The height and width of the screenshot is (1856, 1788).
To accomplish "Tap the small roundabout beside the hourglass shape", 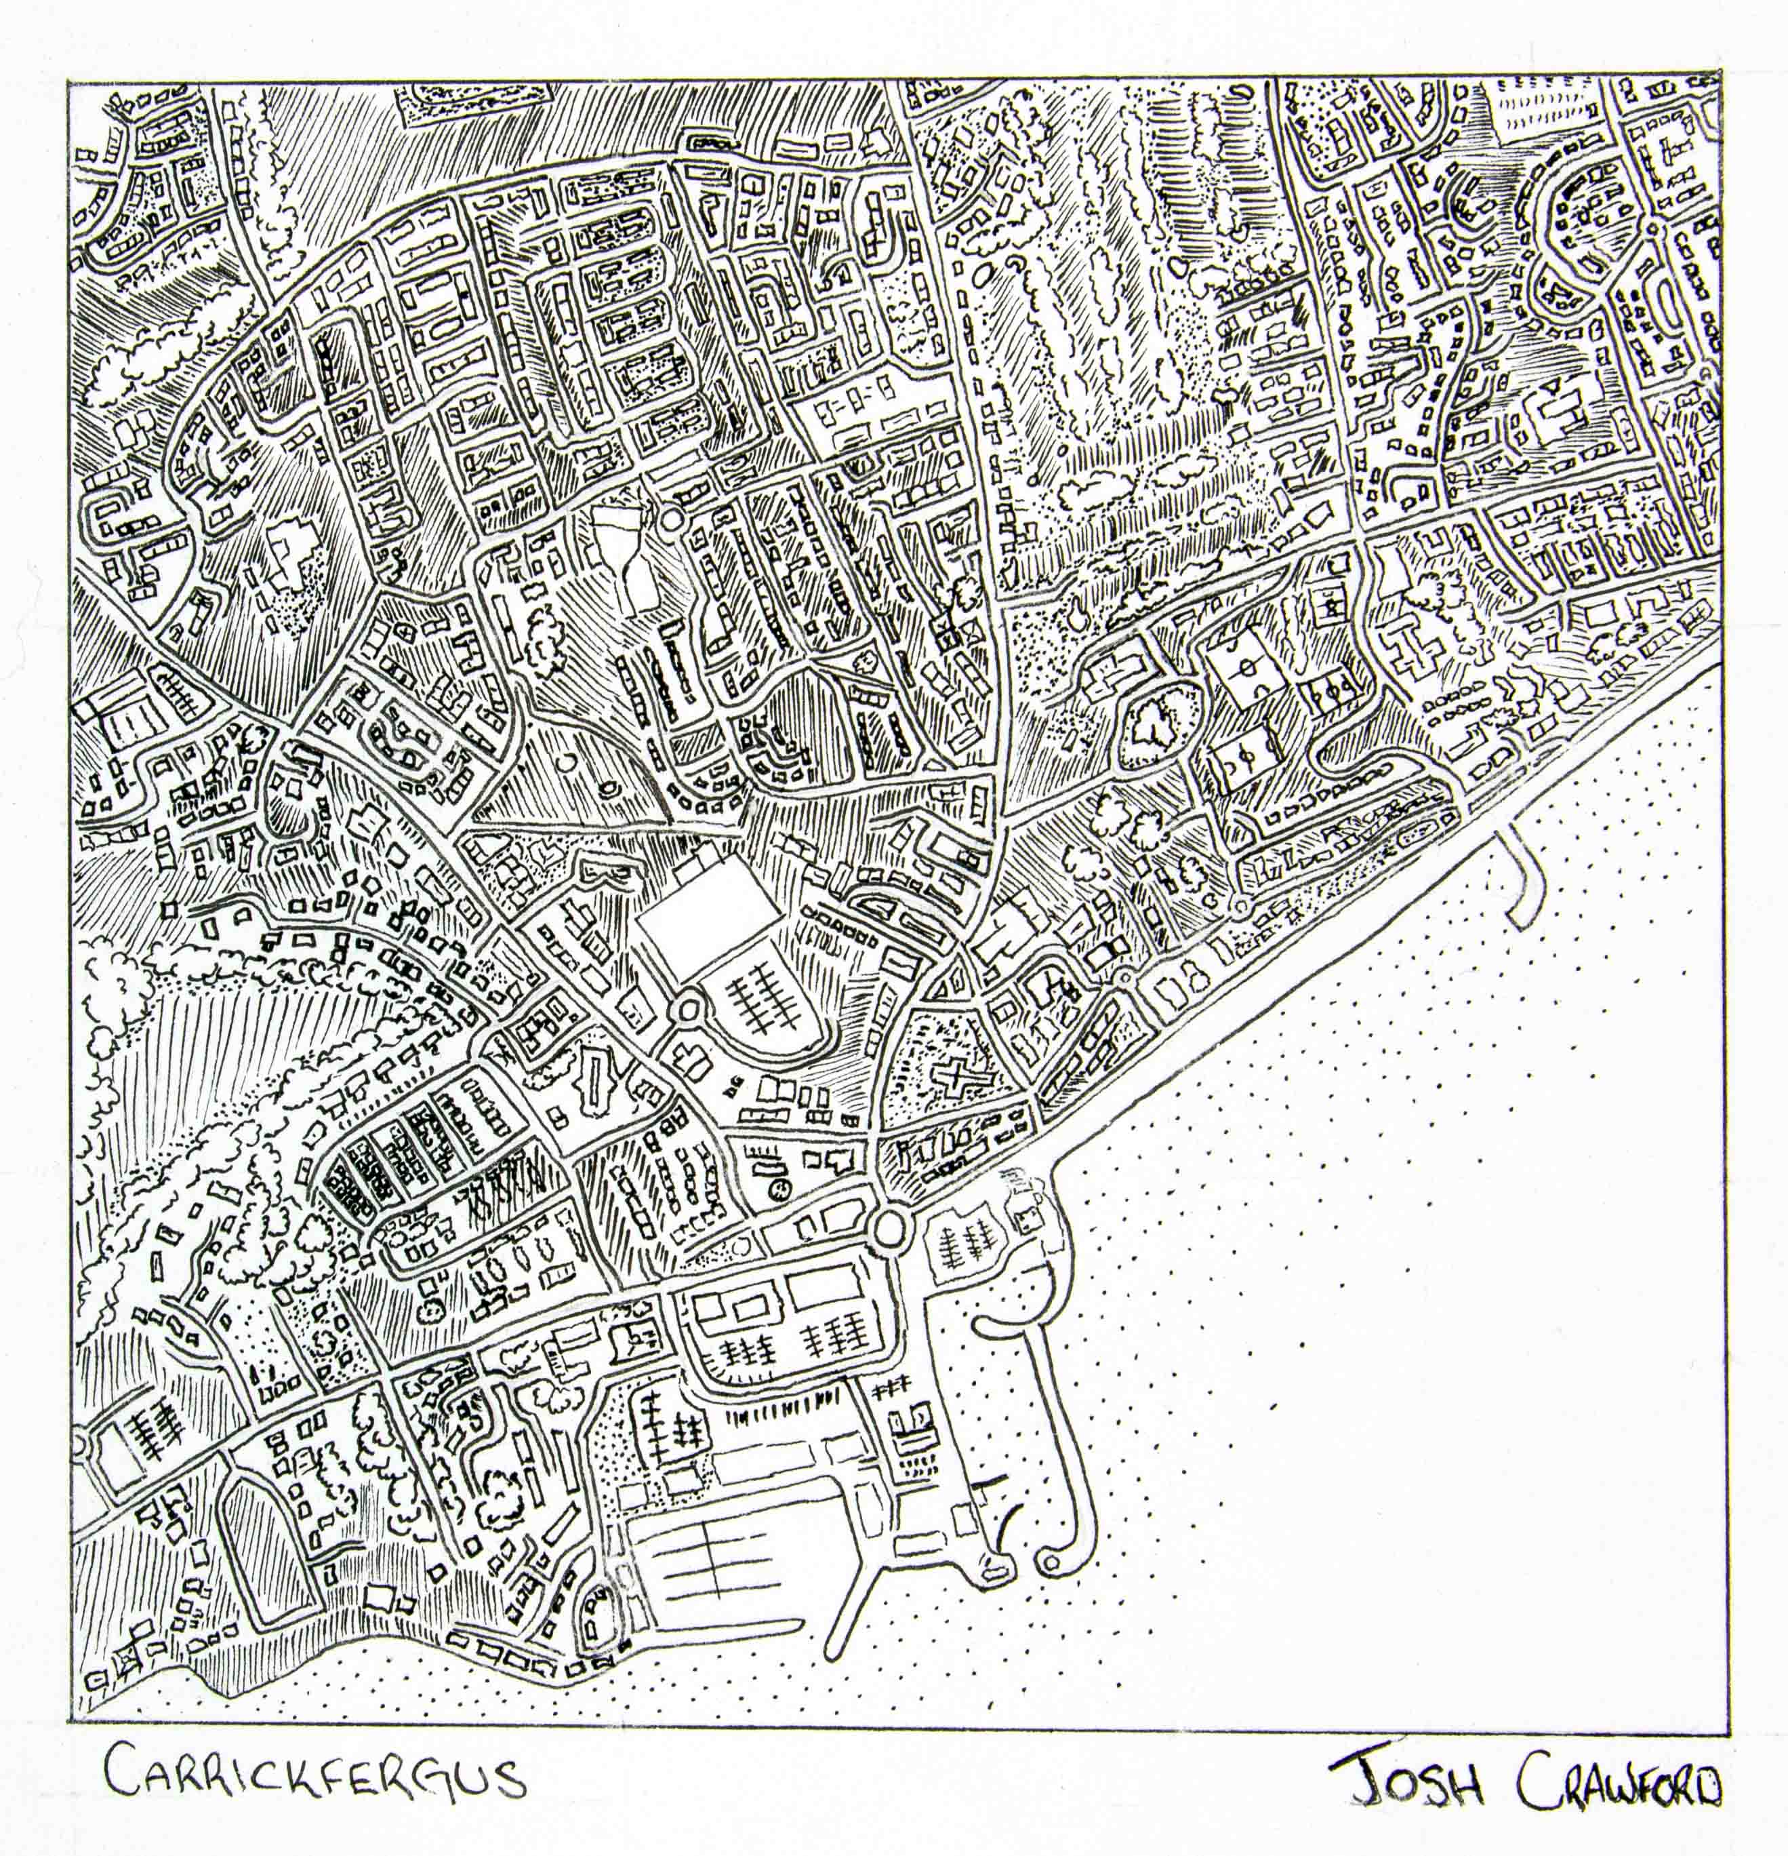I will click(671, 518).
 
